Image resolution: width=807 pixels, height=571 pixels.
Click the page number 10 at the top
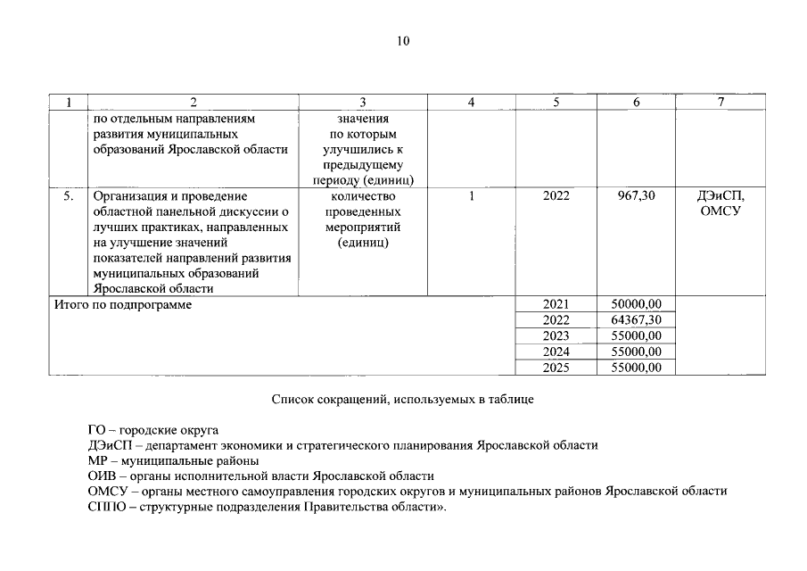tap(403, 40)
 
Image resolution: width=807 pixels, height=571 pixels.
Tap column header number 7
tap(721, 103)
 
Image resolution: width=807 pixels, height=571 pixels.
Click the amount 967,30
tap(636, 195)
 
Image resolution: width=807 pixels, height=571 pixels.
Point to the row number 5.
tap(68, 195)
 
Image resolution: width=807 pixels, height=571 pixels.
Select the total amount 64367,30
tap(636, 319)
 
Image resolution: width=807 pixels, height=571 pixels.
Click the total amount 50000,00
tap(636, 304)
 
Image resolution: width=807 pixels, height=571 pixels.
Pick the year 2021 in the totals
tap(556, 304)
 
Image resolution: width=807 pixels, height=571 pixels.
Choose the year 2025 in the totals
tap(556, 368)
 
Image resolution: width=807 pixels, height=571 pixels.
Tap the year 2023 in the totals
tap(556, 335)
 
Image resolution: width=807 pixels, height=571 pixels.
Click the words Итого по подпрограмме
tap(123, 304)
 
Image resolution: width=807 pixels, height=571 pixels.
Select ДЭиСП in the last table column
tap(721, 195)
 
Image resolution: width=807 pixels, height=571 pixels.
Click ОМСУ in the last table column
tap(721, 211)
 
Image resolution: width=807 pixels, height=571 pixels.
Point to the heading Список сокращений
tap(403, 401)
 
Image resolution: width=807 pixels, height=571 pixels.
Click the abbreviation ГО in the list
tap(98, 429)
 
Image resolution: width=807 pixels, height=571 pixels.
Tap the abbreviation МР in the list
tap(98, 460)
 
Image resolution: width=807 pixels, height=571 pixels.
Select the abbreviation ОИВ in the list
tap(102, 476)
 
